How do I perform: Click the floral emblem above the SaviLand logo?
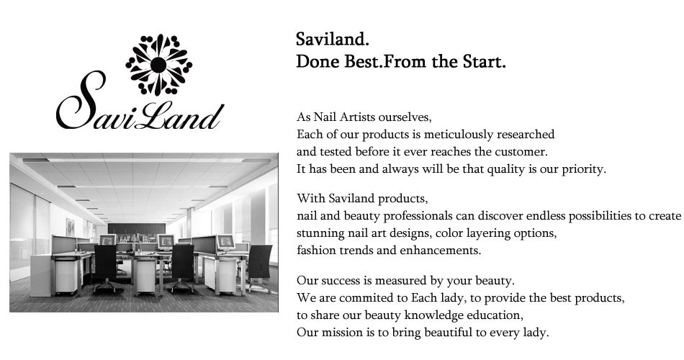coord(159,65)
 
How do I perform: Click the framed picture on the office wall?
coord(71,227)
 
